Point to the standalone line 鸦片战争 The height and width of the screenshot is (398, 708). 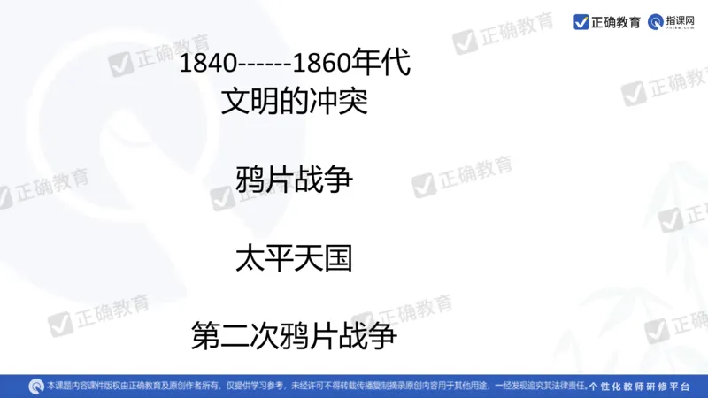point(294,180)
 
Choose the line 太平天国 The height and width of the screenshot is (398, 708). point(294,258)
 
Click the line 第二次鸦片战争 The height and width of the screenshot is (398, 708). point(294,336)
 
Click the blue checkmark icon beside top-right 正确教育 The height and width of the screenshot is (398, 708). point(581,21)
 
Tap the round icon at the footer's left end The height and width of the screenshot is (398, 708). point(35,386)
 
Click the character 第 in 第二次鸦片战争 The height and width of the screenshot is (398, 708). point(206,336)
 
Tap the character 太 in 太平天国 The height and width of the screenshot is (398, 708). point(250,258)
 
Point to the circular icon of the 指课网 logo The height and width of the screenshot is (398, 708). point(656,21)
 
